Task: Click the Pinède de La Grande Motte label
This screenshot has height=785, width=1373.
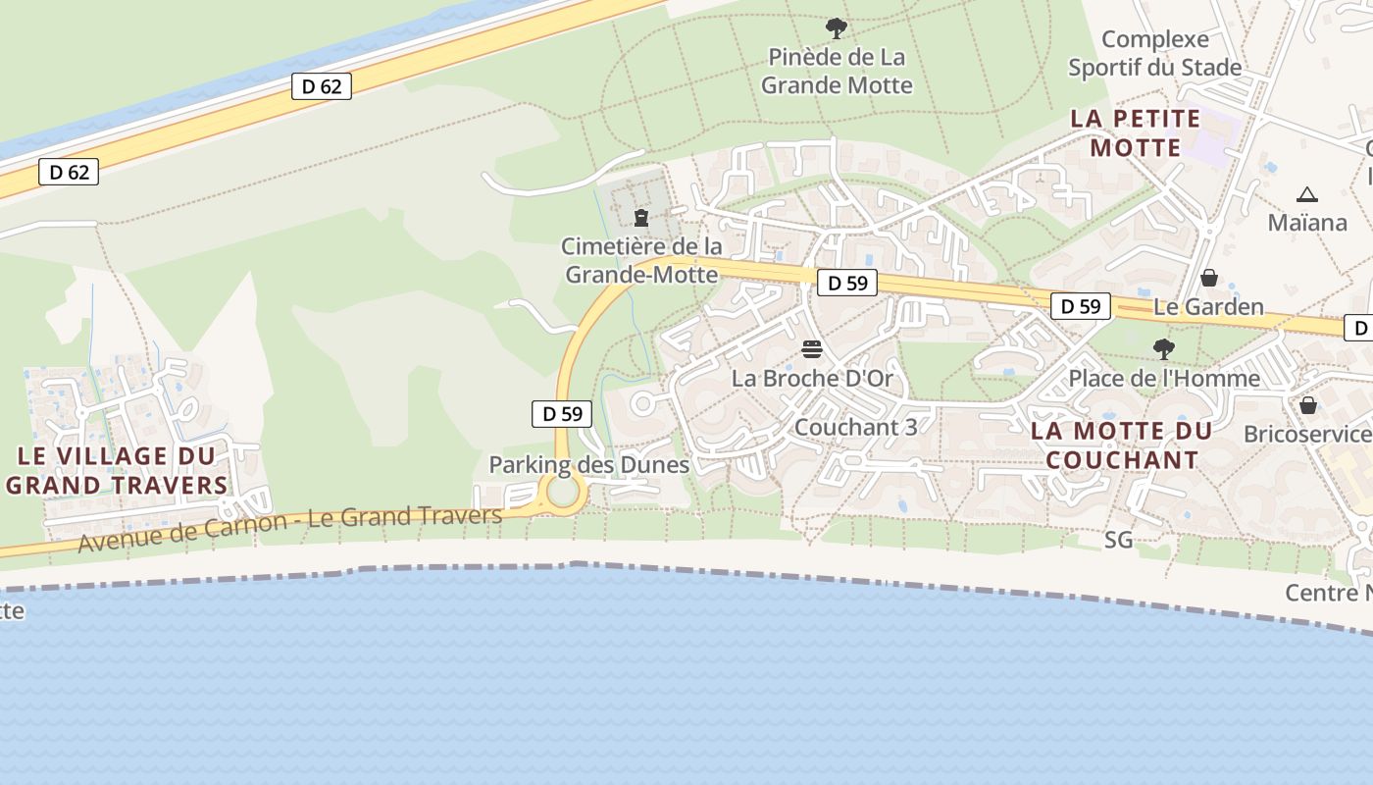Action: coord(837,71)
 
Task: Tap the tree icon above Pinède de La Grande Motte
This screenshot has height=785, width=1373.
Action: coord(837,27)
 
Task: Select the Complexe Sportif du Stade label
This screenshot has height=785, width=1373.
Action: coord(1155,53)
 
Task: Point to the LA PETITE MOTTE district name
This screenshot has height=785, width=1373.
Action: coord(1136,133)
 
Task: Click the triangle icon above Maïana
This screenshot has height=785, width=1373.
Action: coord(1306,194)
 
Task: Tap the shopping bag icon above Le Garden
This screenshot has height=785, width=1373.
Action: coord(1209,278)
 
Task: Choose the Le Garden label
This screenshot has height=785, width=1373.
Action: coord(1208,307)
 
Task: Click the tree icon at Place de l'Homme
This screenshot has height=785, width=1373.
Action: coord(1164,348)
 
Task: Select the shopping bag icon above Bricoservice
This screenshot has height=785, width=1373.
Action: coord(1308,404)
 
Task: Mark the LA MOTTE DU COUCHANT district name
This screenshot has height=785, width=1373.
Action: coord(1122,445)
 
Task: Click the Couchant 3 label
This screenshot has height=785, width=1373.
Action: coord(856,428)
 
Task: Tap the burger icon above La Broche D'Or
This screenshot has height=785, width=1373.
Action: coord(812,349)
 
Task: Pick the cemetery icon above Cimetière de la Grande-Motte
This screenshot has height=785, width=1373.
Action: coord(641,217)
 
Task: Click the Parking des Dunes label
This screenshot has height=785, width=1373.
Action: coord(589,465)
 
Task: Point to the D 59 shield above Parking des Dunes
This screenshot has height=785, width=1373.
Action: coord(563,414)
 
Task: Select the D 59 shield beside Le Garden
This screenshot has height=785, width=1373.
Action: coord(1081,306)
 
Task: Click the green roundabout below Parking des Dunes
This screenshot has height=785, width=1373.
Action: coord(563,493)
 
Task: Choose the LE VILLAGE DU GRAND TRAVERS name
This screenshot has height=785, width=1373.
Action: coord(117,470)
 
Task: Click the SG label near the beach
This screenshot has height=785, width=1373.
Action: coord(1118,540)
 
